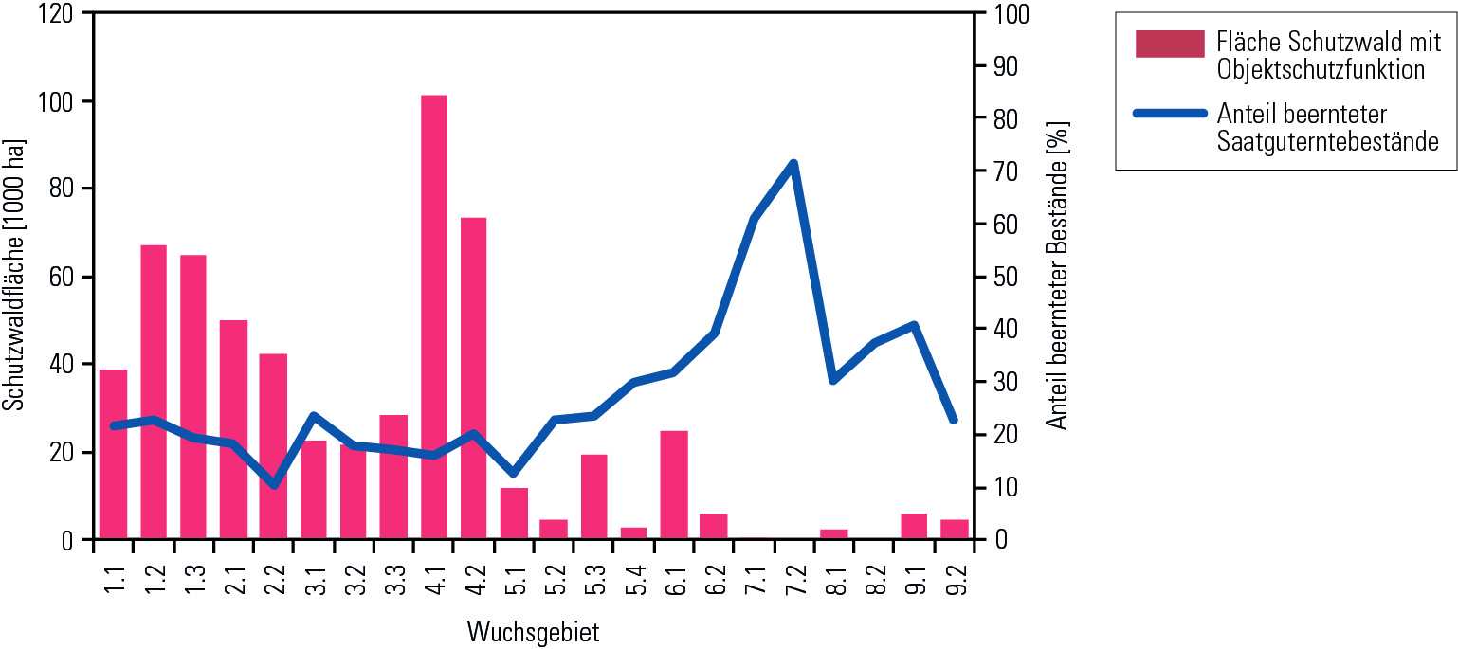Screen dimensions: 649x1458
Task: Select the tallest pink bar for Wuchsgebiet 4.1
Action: point(434,317)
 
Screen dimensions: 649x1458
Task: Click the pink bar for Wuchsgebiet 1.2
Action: point(154,392)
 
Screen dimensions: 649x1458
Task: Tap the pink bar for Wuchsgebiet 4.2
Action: point(474,379)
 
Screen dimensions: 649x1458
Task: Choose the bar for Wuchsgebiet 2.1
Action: point(233,429)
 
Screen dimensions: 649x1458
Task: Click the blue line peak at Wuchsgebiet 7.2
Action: point(793,164)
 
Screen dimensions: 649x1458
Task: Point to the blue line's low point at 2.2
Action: point(274,485)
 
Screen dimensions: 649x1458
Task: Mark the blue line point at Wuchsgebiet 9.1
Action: point(914,325)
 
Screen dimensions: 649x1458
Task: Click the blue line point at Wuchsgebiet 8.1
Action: point(833,380)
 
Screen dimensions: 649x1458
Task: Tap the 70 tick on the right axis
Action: point(1005,171)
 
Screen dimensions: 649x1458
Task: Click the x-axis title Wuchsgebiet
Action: point(534,632)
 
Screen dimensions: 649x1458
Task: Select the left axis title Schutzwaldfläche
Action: point(13,275)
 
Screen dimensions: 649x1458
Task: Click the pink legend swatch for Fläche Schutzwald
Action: point(1170,45)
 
